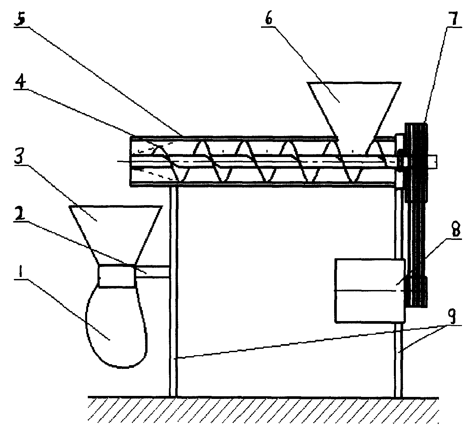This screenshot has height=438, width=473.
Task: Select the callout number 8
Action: [x=452, y=231]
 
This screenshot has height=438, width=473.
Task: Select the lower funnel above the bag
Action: [x=115, y=231]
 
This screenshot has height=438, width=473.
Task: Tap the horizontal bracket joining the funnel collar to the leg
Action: [x=153, y=271]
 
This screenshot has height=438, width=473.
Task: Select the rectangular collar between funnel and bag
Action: [x=117, y=276]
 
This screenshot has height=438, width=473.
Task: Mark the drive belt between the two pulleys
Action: [x=416, y=234]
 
